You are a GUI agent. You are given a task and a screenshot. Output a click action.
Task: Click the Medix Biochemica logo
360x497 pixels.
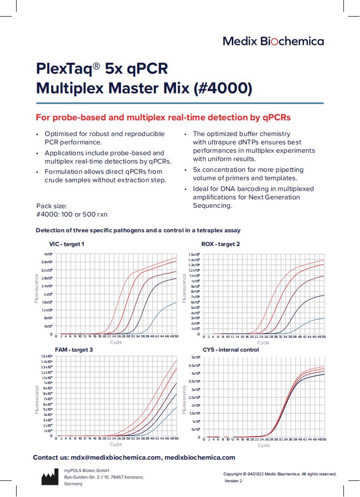273,41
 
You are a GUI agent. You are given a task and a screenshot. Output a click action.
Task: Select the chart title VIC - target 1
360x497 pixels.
67,244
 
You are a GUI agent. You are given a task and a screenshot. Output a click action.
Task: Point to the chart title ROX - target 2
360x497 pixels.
221,244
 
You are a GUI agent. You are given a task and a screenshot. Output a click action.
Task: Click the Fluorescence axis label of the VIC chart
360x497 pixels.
37,288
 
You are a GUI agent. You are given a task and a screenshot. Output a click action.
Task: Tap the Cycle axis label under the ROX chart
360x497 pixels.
263,342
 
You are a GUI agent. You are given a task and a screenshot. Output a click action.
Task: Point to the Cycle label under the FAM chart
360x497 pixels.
116,444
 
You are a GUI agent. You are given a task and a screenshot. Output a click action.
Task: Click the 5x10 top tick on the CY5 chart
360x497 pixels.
195,357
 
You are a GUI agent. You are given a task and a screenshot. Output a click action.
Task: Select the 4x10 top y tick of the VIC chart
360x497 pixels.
48,254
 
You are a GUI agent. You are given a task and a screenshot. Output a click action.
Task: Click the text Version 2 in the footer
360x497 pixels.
233,481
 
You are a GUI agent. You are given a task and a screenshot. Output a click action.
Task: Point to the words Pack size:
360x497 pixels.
52,206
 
